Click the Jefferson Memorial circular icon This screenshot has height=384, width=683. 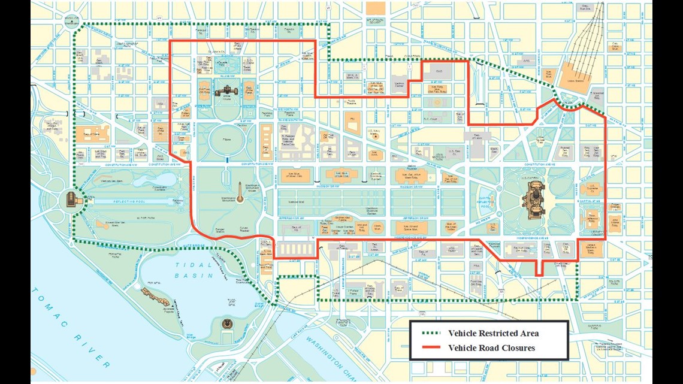227,324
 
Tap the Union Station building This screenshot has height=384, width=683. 571,77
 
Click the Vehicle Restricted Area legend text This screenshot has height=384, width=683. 493,333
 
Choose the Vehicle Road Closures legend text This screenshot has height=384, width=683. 491,347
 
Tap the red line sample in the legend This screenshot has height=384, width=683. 430,347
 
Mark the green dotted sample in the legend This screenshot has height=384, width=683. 430,333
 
